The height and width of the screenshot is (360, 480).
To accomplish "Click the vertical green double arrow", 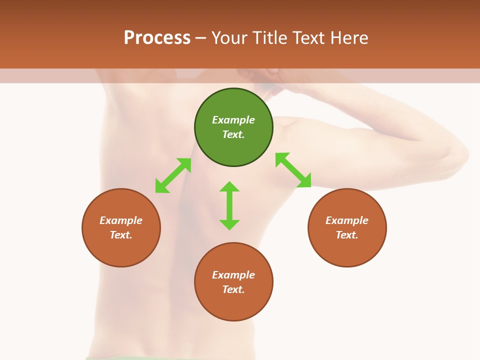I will point(229,205).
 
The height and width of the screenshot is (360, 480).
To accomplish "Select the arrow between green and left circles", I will point(173,175).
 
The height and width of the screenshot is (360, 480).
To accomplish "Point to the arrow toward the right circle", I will point(293,170).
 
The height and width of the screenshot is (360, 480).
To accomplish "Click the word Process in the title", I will point(157,37).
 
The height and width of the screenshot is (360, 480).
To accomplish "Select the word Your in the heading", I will point(229,37).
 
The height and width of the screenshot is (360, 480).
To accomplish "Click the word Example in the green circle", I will point(233,120).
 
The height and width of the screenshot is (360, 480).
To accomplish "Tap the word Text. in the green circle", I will point(233,134).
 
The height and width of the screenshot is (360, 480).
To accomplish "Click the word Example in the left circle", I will point(121,220).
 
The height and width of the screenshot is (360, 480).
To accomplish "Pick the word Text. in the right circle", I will point(347,235).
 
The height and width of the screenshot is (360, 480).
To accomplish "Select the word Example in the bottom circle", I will point(233,275).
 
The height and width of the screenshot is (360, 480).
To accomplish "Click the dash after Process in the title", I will point(200,38).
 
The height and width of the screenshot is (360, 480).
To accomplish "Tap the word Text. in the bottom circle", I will point(233,289).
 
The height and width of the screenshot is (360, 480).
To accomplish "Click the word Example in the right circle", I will point(347,220).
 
